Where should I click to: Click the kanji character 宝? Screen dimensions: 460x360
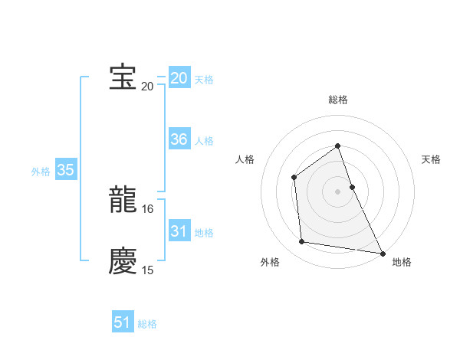(x=123, y=77)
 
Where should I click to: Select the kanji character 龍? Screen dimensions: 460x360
(x=123, y=199)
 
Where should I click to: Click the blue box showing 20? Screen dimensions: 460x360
(x=179, y=78)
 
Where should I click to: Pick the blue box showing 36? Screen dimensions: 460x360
(x=179, y=139)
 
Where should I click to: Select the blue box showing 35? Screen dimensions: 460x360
(x=66, y=171)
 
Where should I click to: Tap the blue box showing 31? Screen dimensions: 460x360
(x=179, y=231)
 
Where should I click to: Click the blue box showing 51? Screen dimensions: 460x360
(x=123, y=322)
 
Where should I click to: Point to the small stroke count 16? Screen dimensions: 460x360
(x=148, y=208)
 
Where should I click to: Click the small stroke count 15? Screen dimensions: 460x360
(x=148, y=270)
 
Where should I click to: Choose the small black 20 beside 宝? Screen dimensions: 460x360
(x=147, y=86)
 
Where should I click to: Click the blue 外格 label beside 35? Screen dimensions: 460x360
(x=41, y=172)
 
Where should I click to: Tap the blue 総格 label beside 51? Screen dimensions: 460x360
(x=147, y=324)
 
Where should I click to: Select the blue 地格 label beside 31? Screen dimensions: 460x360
(x=204, y=233)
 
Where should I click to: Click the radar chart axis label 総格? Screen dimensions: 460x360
(x=337, y=100)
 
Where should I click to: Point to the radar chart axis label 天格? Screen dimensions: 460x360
(x=431, y=159)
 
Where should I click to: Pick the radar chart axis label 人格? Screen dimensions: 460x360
(x=245, y=159)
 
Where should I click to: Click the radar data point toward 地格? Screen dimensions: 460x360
(x=383, y=253)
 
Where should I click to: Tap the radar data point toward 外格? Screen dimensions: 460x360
(x=302, y=242)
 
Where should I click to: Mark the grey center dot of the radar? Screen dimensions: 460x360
(x=337, y=191)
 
